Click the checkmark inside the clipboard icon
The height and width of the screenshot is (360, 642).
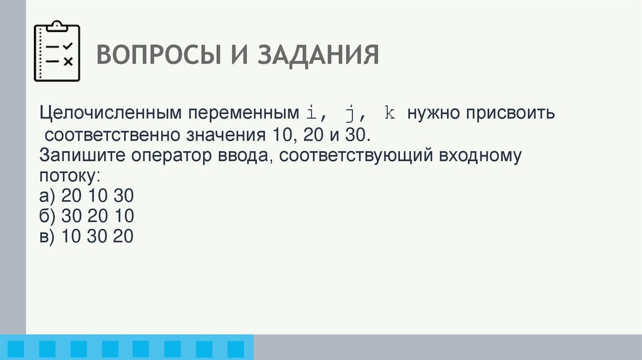68,46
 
